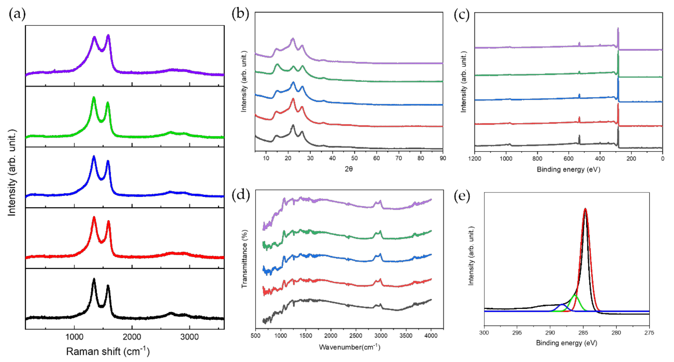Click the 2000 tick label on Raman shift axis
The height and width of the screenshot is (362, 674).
coord(132,337)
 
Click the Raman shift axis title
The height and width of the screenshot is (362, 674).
coord(108,352)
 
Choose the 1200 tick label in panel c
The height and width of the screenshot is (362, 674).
coord(475,159)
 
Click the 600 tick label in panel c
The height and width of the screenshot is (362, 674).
coord(569,159)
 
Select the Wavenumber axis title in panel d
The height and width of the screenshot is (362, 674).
coord(349,347)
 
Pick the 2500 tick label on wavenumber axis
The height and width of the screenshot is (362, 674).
coord(356,336)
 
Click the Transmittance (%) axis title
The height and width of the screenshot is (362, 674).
coord(244,259)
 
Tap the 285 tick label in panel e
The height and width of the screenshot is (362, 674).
coord(583,333)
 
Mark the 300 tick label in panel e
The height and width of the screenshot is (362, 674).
coord(484,333)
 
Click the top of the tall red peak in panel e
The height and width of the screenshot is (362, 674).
coord(585,209)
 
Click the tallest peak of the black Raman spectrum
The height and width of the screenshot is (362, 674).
coord(94,279)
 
